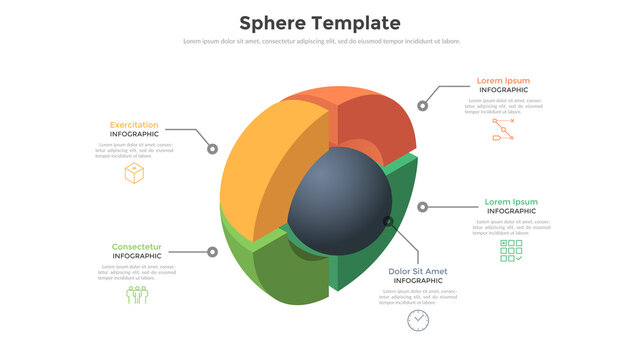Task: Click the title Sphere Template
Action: click(x=320, y=23)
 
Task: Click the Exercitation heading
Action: click(x=134, y=125)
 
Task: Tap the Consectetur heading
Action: click(x=137, y=247)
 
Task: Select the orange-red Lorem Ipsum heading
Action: click(x=503, y=81)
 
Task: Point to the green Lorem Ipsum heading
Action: click(x=511, y=202)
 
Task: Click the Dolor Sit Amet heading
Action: click(x=418, y=271)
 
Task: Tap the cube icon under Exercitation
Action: click(x=134, y=173)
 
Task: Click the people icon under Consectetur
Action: click(x=136, y=295)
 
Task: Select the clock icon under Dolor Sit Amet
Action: click(x=418, y=320)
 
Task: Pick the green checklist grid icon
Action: click(x=511, y=251)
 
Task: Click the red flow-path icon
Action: click(x=503, y=129)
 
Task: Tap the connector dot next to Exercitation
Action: click(x=213, y=149)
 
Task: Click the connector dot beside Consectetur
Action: click(x=213, y=253)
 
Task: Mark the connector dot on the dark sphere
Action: click(x=387, y=221)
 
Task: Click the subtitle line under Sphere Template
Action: click(x=320, y=41)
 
